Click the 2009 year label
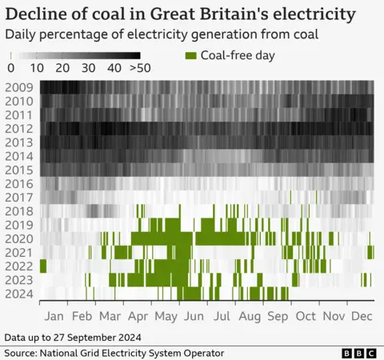18,87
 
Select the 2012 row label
18,128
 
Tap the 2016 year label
18,183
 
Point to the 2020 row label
18,238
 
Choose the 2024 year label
18,294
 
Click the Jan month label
54,315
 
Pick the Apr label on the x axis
139,315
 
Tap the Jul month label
222,315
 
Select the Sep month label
278,315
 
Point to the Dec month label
361,315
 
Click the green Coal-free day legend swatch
191,55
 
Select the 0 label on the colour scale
10,68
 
